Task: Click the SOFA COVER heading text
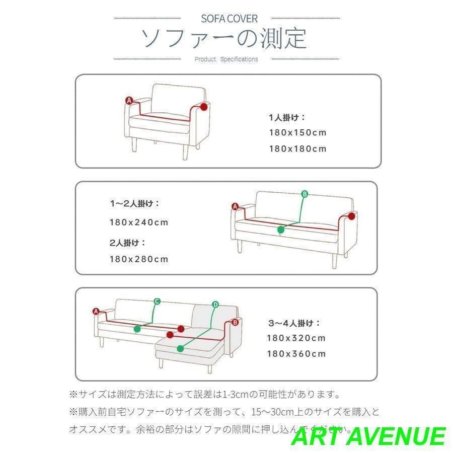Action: click(229, 19)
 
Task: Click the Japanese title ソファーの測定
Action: click(224, 39)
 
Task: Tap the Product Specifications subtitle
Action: click(226, 59)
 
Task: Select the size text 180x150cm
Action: click(297, 133)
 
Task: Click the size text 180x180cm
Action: click(297, 148)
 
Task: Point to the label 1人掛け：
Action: click(287, 117)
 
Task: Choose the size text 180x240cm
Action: click(139, 222)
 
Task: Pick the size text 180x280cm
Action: click(139, 259)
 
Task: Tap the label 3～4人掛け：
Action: click(294, 323)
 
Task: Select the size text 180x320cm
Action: click(296, 338)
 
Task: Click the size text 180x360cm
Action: click(296, 353)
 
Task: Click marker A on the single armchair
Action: click(129, 101)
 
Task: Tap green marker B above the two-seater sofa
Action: click(304, 194)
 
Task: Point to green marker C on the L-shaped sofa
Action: click(157, 301)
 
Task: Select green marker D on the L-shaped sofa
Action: click(215, 304)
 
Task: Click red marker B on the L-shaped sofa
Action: click(234, 322)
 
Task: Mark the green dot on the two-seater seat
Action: click(281, 230)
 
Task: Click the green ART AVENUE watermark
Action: click(368, 436)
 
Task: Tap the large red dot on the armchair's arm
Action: click(203, 107)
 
